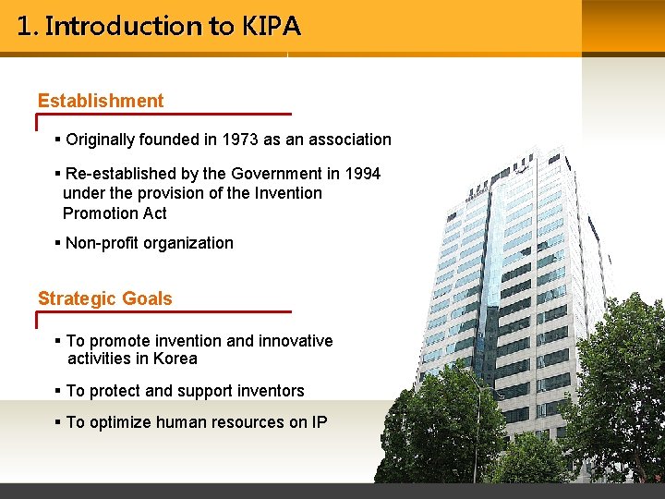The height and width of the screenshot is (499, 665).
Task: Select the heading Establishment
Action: [101, 101]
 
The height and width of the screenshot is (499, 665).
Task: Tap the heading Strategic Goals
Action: [104, 298]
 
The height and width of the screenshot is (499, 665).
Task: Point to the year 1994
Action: [361, 173]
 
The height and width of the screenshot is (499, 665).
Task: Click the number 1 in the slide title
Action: [23, 26]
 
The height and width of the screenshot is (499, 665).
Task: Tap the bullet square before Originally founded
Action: [58, 140]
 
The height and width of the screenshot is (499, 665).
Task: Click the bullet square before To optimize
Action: [58, 422]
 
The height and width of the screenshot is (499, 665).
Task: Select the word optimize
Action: [120, 422]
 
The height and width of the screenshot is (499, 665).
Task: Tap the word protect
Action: [114, 391]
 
